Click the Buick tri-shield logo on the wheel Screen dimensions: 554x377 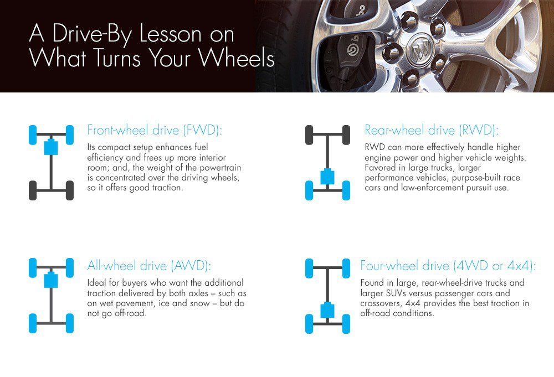click(419, 51)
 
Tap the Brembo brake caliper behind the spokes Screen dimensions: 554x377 click(349, 56)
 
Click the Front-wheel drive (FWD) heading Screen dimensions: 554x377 click(155, 130)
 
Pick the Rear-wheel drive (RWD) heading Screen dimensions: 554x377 click(432, 130)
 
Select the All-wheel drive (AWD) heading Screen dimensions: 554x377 click(148, 266)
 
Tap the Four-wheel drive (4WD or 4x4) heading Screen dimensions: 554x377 click(448, 266)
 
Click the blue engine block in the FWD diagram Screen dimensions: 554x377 click(51, 147)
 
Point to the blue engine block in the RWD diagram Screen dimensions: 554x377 click(327, 177)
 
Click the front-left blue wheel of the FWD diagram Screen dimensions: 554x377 click(33, 135)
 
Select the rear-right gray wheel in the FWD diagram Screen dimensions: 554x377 click(70, 190)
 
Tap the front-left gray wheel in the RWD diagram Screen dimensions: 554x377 click(309, 135)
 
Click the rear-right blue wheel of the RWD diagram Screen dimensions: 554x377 click(346, 190)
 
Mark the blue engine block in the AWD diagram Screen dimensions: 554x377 click(51, 280)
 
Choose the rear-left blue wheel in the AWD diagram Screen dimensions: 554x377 click(33, 323)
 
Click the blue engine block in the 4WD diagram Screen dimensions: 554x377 click(327, 310)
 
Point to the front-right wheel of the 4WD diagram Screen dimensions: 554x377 click(346, 268)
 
